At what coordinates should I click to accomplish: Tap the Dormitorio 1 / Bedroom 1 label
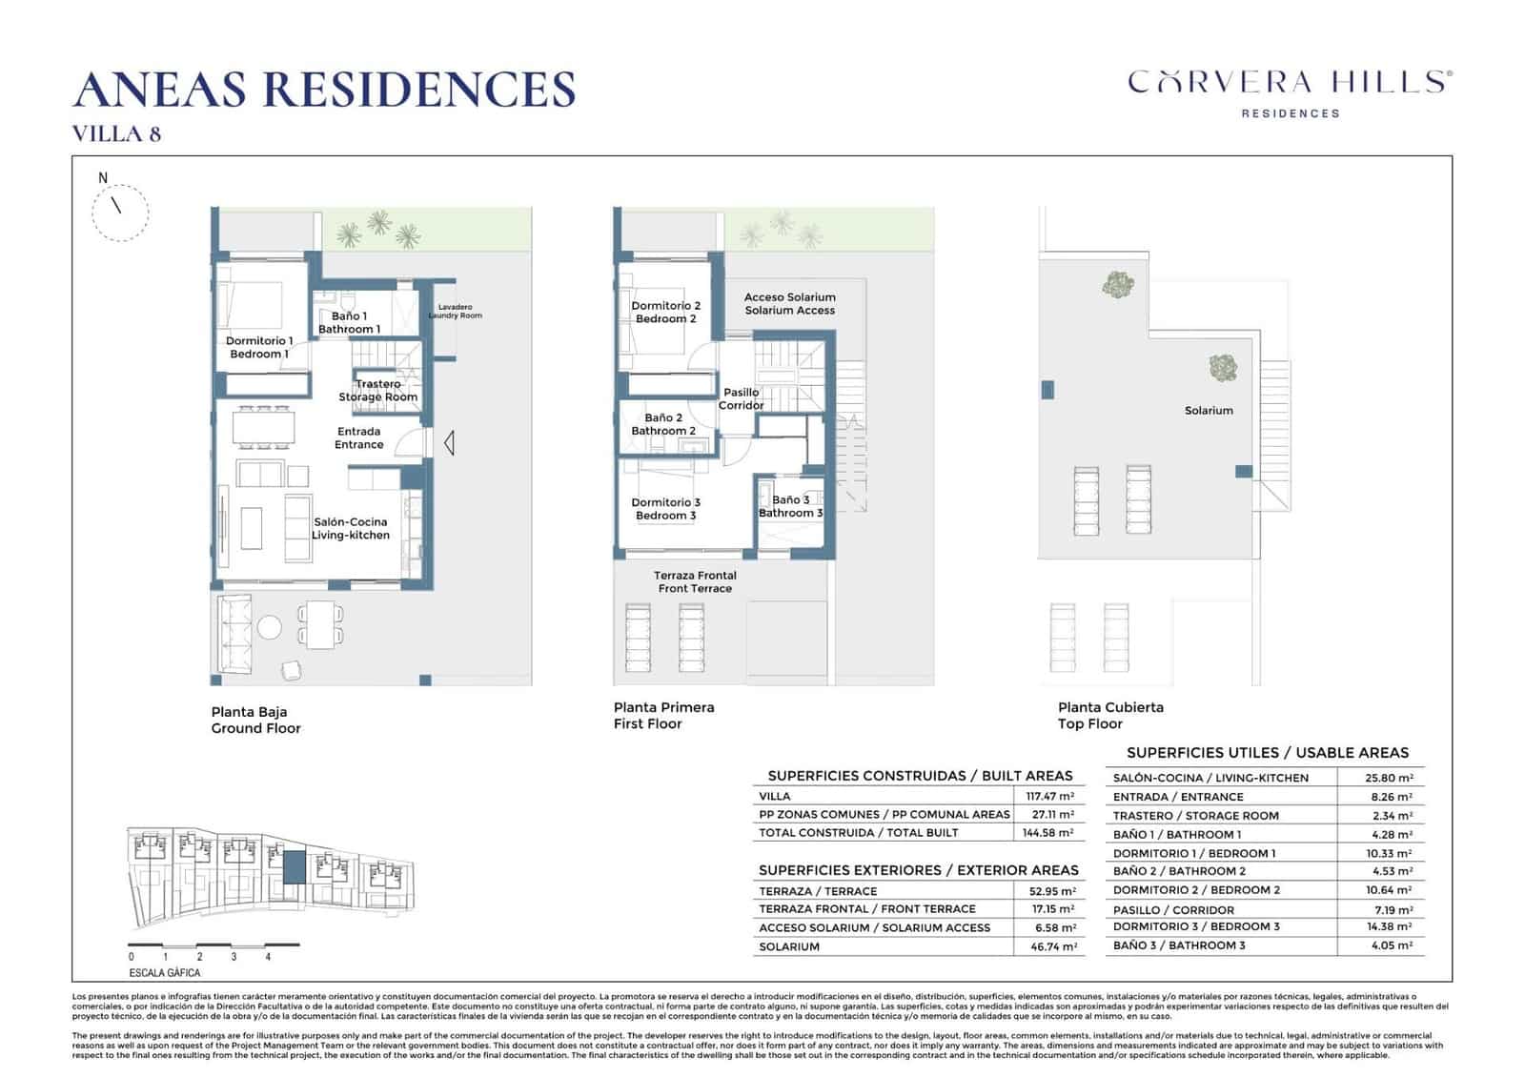click(258, 347)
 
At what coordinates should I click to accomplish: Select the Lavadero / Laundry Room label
click(455, 312)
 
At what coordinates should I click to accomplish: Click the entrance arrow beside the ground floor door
click(449, 442)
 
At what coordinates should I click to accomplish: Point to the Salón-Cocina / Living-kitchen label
click(351, 528)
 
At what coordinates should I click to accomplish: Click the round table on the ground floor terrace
click(270, 626)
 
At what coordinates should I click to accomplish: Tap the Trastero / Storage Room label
click(378, 390)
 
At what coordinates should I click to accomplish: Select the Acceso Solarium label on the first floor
click(789, 303)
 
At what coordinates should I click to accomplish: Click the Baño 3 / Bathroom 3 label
click(790, 506)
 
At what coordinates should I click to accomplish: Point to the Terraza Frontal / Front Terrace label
click(695, 581)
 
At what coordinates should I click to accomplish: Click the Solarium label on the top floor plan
click(1209, 411)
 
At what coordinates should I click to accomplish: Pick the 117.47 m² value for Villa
click(1049, 796)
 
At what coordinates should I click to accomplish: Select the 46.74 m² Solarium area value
click(1052, 946)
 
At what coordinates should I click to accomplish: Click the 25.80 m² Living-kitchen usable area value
click(1389, 778)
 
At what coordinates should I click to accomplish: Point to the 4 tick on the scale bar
click(268, 956)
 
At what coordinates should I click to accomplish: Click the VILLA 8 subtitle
click(116, 133)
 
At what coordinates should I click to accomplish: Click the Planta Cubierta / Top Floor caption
click(1110, 715)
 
